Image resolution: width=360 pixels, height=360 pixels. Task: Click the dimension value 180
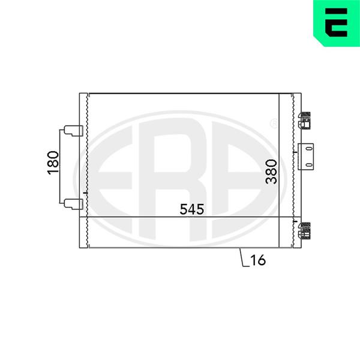pos(53,163)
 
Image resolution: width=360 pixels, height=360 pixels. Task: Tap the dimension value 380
pos(271,172)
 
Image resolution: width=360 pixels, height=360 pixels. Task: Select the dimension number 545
pos(192,209)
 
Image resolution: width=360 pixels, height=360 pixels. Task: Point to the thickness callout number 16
pos(258,260)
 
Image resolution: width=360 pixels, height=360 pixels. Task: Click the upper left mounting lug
pos(73,131)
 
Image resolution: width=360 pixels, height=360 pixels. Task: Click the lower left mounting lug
pos(73,204)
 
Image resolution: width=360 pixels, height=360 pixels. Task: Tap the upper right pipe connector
pos(304,121)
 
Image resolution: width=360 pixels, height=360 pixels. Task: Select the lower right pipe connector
pos(304,231)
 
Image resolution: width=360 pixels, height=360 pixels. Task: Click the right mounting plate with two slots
pos(305,157)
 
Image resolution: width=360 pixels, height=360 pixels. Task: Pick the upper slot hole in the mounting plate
pos(309,149)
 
